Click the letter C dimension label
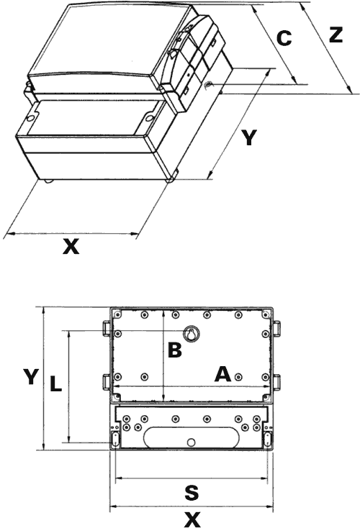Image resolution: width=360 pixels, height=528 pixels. (x=284, y=39)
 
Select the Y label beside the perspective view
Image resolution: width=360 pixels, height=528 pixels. (x=248, y=138)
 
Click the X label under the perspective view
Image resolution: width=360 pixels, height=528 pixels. (x=70, y=247)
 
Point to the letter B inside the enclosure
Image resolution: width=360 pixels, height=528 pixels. (x=175, y=350)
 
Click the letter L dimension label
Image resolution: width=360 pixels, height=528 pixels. (x=55, y=385)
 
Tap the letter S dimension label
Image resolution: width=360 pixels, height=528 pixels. (x=191, y=493)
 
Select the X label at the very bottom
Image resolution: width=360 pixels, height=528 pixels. (x=192, y=519)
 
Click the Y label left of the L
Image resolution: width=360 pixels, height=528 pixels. (x=30, y=376)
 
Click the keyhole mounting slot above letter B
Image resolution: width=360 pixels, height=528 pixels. (x=192, y=334)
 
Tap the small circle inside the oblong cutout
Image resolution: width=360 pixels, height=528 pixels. (x=191, y=442)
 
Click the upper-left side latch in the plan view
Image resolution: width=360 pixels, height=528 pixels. (x=105, y=327)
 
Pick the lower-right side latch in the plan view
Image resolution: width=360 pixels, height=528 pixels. (x=276, y=381)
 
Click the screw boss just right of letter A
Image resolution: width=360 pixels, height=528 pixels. (x=238, y=375)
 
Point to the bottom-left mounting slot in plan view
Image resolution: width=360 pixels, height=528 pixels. (x=114, y=438)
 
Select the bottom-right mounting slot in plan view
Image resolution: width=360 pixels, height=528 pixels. (x=268, y=438)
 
